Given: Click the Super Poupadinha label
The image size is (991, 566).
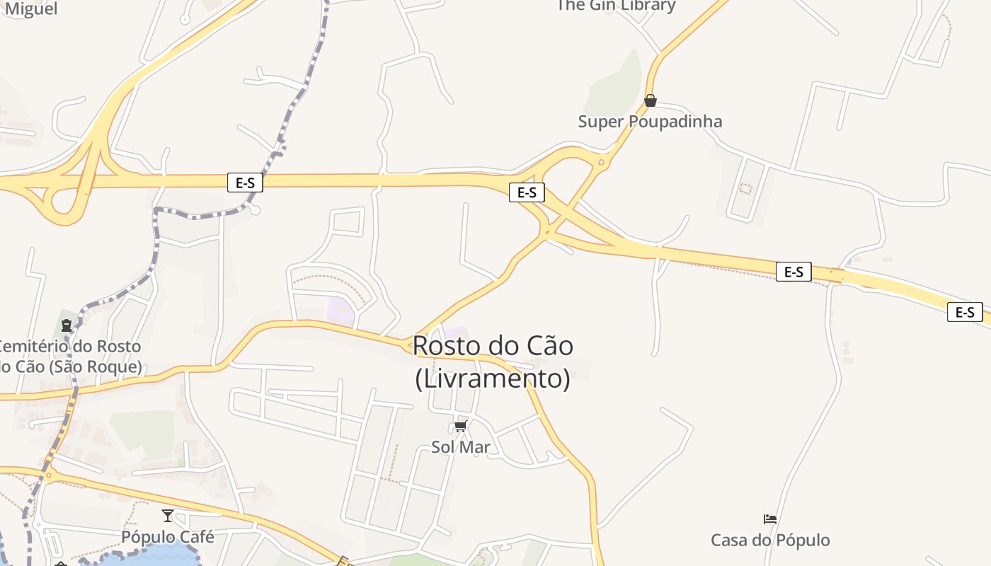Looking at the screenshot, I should (650, 122).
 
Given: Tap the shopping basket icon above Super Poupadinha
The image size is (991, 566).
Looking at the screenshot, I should (651, 100).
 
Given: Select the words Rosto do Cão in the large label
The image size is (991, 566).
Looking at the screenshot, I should (493, 346).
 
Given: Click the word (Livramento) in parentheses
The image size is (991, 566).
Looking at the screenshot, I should (493, 379).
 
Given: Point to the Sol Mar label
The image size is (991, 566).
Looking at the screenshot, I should (460, 447).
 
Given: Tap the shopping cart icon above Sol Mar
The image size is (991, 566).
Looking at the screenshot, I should (461, 426).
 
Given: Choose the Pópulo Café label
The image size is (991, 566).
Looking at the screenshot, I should (168, 537).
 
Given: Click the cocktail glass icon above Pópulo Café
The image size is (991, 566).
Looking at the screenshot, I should (168, 516).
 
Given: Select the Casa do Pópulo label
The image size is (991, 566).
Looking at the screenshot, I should (770, 541).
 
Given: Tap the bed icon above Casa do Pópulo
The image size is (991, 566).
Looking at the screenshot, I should (770, 519).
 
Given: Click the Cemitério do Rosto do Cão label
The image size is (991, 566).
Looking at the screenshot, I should (71, 357).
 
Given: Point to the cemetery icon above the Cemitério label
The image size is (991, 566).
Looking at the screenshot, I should (67, 325).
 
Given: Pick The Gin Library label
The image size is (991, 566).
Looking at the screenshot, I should (616, 6).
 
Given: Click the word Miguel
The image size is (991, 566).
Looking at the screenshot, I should (31, 9).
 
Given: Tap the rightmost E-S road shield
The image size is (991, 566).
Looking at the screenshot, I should (965, 312).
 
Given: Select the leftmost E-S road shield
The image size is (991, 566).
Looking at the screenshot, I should (245, 183).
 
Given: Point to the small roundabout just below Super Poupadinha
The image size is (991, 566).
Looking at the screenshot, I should (602, 163).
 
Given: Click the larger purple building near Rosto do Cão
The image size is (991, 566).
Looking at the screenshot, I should (341, 312).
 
